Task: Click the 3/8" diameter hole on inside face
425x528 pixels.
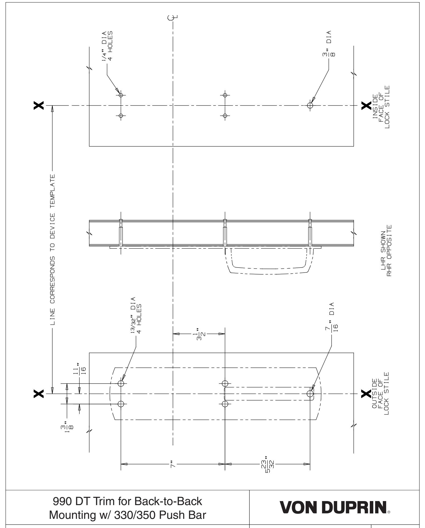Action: coord(310,105)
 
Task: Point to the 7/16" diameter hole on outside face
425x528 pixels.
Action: coord(310,394)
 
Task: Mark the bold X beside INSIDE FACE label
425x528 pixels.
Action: coord(366,106)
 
